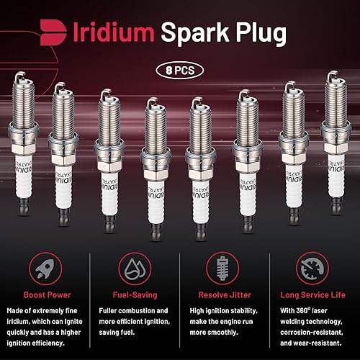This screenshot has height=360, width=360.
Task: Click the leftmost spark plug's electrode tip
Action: tap(21, 74)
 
